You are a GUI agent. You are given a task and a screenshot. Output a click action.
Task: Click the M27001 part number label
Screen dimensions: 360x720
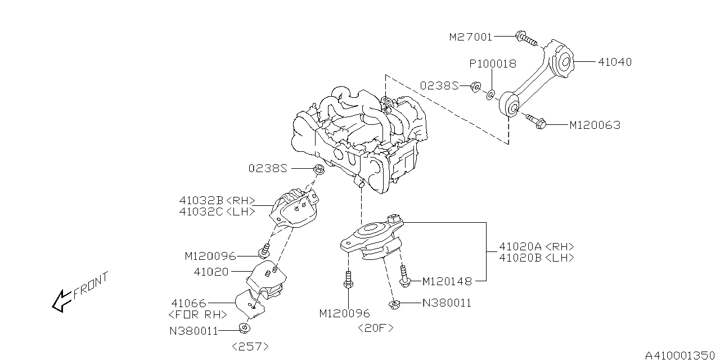point(470,37)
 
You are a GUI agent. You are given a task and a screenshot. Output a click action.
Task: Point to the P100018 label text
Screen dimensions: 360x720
point(493,64)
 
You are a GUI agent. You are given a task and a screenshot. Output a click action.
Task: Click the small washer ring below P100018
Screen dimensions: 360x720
point(491,93)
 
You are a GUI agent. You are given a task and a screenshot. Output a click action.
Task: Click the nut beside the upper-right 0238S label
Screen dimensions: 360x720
point(475,87)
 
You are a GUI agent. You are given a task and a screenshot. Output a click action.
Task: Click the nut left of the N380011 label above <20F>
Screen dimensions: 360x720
point(394,304)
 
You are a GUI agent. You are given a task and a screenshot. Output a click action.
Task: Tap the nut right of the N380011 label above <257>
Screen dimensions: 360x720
point(244,329)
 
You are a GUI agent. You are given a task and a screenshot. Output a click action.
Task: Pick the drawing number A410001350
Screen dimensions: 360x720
point(681,354)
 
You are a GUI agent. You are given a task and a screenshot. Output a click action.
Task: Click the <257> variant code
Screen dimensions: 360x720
point(249,346)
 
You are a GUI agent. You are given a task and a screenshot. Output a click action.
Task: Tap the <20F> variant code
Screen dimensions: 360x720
point(376,328)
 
